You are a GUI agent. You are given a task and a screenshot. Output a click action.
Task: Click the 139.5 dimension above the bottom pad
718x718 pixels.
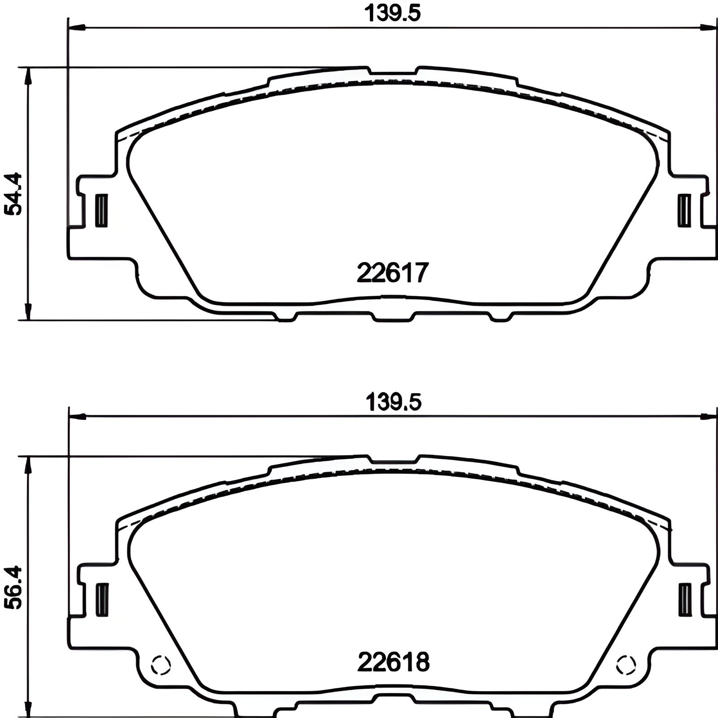[394, 402]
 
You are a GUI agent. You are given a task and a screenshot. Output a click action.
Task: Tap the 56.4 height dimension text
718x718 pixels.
[14, 587]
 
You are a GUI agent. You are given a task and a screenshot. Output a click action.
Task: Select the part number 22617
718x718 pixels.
[393, 272]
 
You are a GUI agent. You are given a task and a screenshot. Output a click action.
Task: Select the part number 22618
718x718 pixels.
[393, 661]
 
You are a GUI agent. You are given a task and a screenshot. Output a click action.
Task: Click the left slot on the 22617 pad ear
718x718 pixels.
[101, 210]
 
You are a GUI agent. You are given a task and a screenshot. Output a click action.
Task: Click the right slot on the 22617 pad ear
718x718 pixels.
[684, 210]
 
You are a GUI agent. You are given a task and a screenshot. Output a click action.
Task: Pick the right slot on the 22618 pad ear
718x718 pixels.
[685, 600]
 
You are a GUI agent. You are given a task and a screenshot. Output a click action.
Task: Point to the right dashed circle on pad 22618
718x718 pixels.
[626, 665]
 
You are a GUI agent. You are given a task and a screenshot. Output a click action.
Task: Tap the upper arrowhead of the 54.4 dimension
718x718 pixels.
[29, 76]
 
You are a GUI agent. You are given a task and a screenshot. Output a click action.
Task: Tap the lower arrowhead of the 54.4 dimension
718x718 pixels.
[29, 311]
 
